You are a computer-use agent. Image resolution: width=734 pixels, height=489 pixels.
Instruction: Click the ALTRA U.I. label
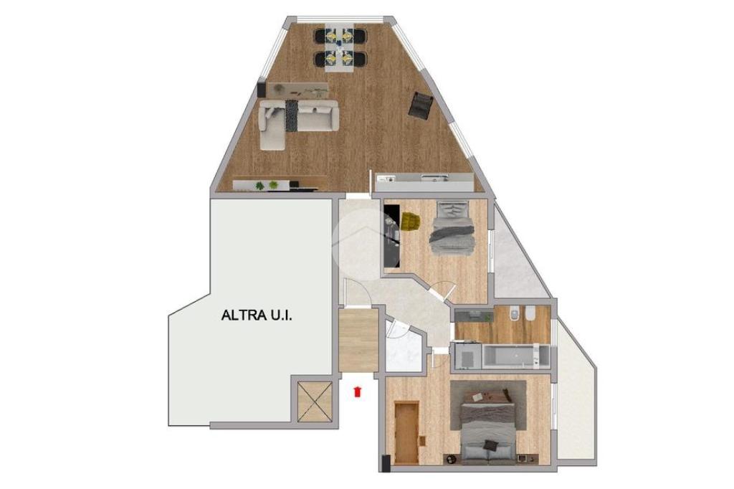pos(257,315)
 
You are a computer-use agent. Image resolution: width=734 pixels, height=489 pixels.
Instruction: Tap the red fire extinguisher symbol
pos(358,391)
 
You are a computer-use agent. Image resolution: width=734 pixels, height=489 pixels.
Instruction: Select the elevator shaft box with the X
pos(315,402)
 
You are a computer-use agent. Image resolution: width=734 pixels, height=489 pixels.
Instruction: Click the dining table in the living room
pos(340,48)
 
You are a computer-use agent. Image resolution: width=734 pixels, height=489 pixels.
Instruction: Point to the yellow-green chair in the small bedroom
pos(411,221)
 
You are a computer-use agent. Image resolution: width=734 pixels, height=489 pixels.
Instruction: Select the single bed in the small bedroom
pos(453,228)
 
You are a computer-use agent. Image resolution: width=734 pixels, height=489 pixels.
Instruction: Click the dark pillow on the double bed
pos(491,445)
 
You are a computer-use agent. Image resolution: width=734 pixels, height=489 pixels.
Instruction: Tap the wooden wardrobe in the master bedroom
pos(406,433)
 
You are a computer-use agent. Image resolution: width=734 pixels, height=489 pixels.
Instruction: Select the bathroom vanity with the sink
pos(475,315)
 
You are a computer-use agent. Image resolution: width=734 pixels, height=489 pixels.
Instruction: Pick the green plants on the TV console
pos(267,186)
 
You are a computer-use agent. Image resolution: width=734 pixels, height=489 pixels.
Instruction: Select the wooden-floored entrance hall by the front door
pos(358,340)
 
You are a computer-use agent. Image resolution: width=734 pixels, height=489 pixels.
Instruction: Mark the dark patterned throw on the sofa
pos(292,115)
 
